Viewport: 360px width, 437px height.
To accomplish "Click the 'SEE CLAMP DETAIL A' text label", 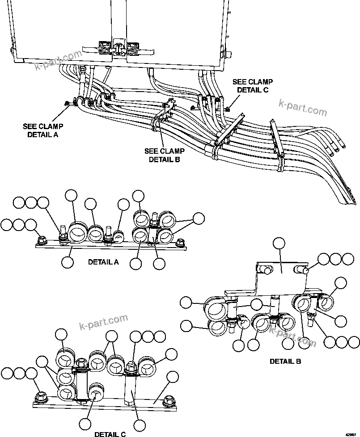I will tap(43, 130).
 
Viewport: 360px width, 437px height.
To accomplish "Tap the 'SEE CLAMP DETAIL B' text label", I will tap(164, 155).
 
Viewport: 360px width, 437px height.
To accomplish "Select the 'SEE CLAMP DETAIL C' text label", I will tap(252, 86).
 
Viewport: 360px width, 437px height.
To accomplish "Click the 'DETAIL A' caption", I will tap(103, 262).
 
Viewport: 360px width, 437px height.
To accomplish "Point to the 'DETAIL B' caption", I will tap(285, 361).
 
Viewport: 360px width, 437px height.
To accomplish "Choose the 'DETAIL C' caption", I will tap(110, 433).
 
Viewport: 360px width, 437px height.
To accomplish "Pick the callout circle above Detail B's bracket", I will tap(279, 243).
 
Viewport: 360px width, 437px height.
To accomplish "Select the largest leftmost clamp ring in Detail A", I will tap(79, 231).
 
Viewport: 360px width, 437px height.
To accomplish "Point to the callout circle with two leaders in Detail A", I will tap(197, 218).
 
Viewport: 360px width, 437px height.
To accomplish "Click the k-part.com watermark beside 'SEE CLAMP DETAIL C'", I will tap(302, 107).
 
